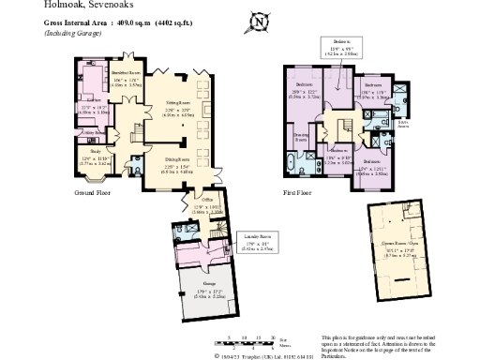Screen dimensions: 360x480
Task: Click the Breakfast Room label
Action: click(x=113, y=73)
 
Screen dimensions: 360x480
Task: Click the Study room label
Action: click(x=95, y=150)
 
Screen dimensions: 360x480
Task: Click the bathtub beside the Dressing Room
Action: click(x=290, y=167)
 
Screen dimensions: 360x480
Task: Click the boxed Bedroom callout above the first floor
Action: click(x=334, y=49)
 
